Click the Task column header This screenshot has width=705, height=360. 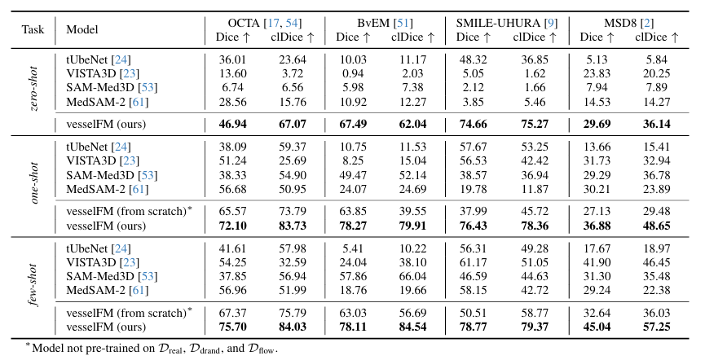[x=33, y=29]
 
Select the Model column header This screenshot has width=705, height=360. [x=82, y=29]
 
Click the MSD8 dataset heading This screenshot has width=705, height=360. [x=624, y=22]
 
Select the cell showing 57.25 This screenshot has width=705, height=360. [x=654, y=326]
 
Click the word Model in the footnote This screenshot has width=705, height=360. [x=49, y=348]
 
